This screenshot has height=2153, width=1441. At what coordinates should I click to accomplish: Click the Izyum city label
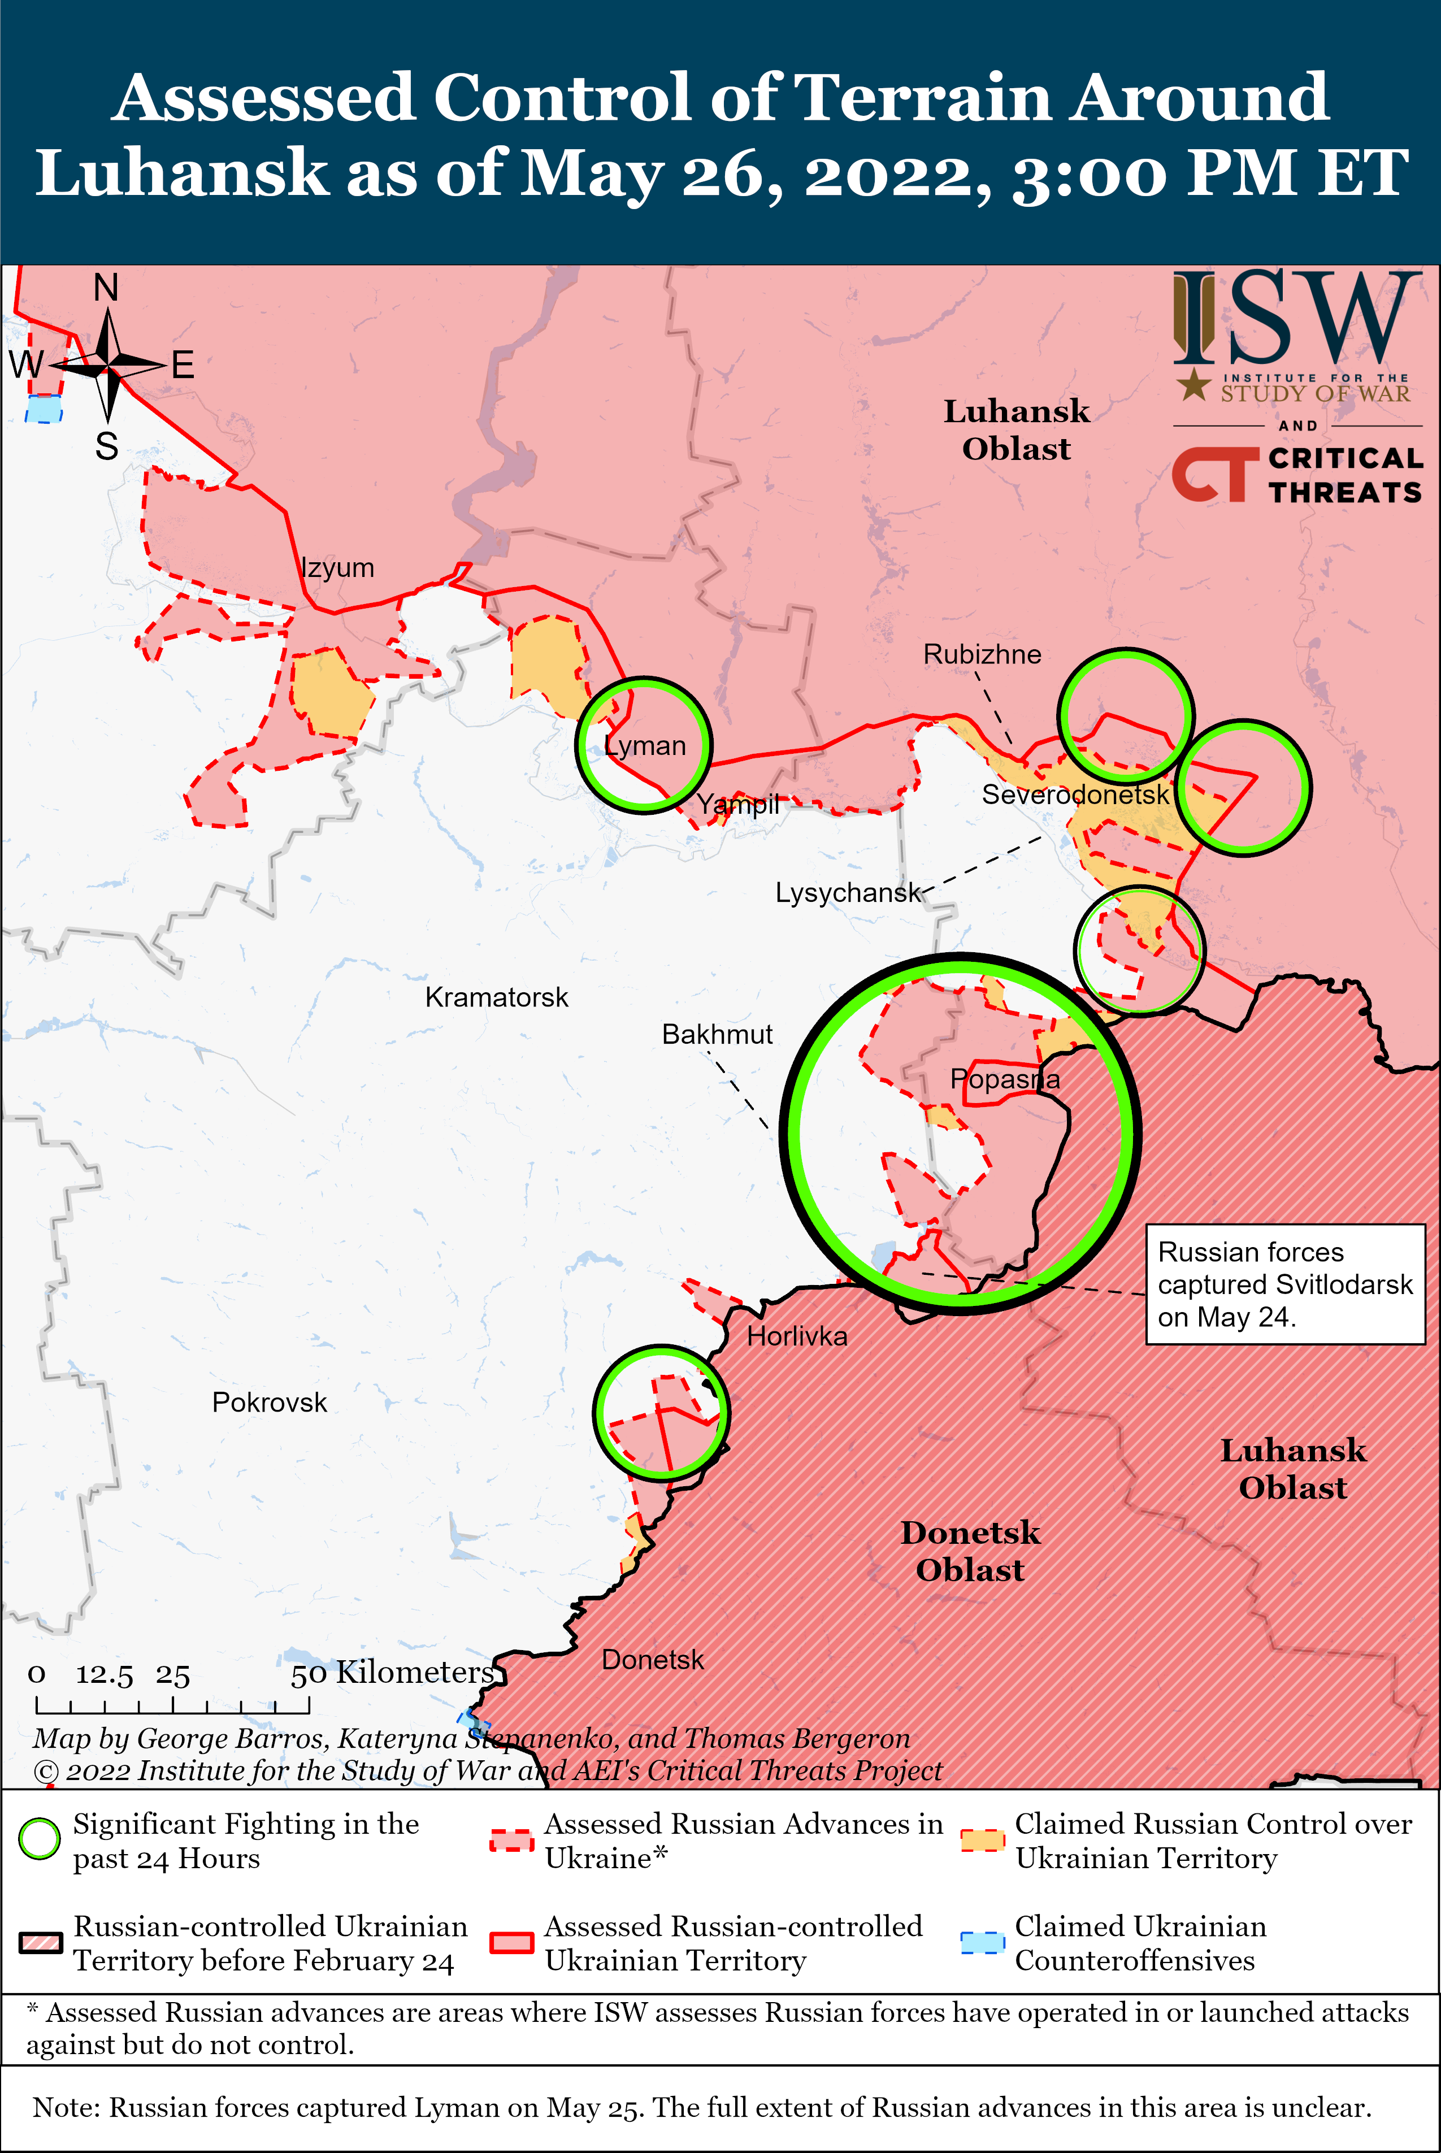(x=338, y=568)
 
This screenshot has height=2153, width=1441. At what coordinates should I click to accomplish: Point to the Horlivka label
(x=797, y=1336)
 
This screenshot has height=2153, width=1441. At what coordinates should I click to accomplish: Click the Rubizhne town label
(x=982, y=654)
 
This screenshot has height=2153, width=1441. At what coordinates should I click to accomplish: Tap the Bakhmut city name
(x=717, y=1035)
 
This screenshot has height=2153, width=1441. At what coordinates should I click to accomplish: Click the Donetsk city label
(x=653, y=1660)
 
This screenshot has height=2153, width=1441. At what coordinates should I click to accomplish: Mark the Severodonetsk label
(x=1075, y=795)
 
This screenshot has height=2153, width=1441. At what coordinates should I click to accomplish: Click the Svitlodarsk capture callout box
(x=1285, y=1284)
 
